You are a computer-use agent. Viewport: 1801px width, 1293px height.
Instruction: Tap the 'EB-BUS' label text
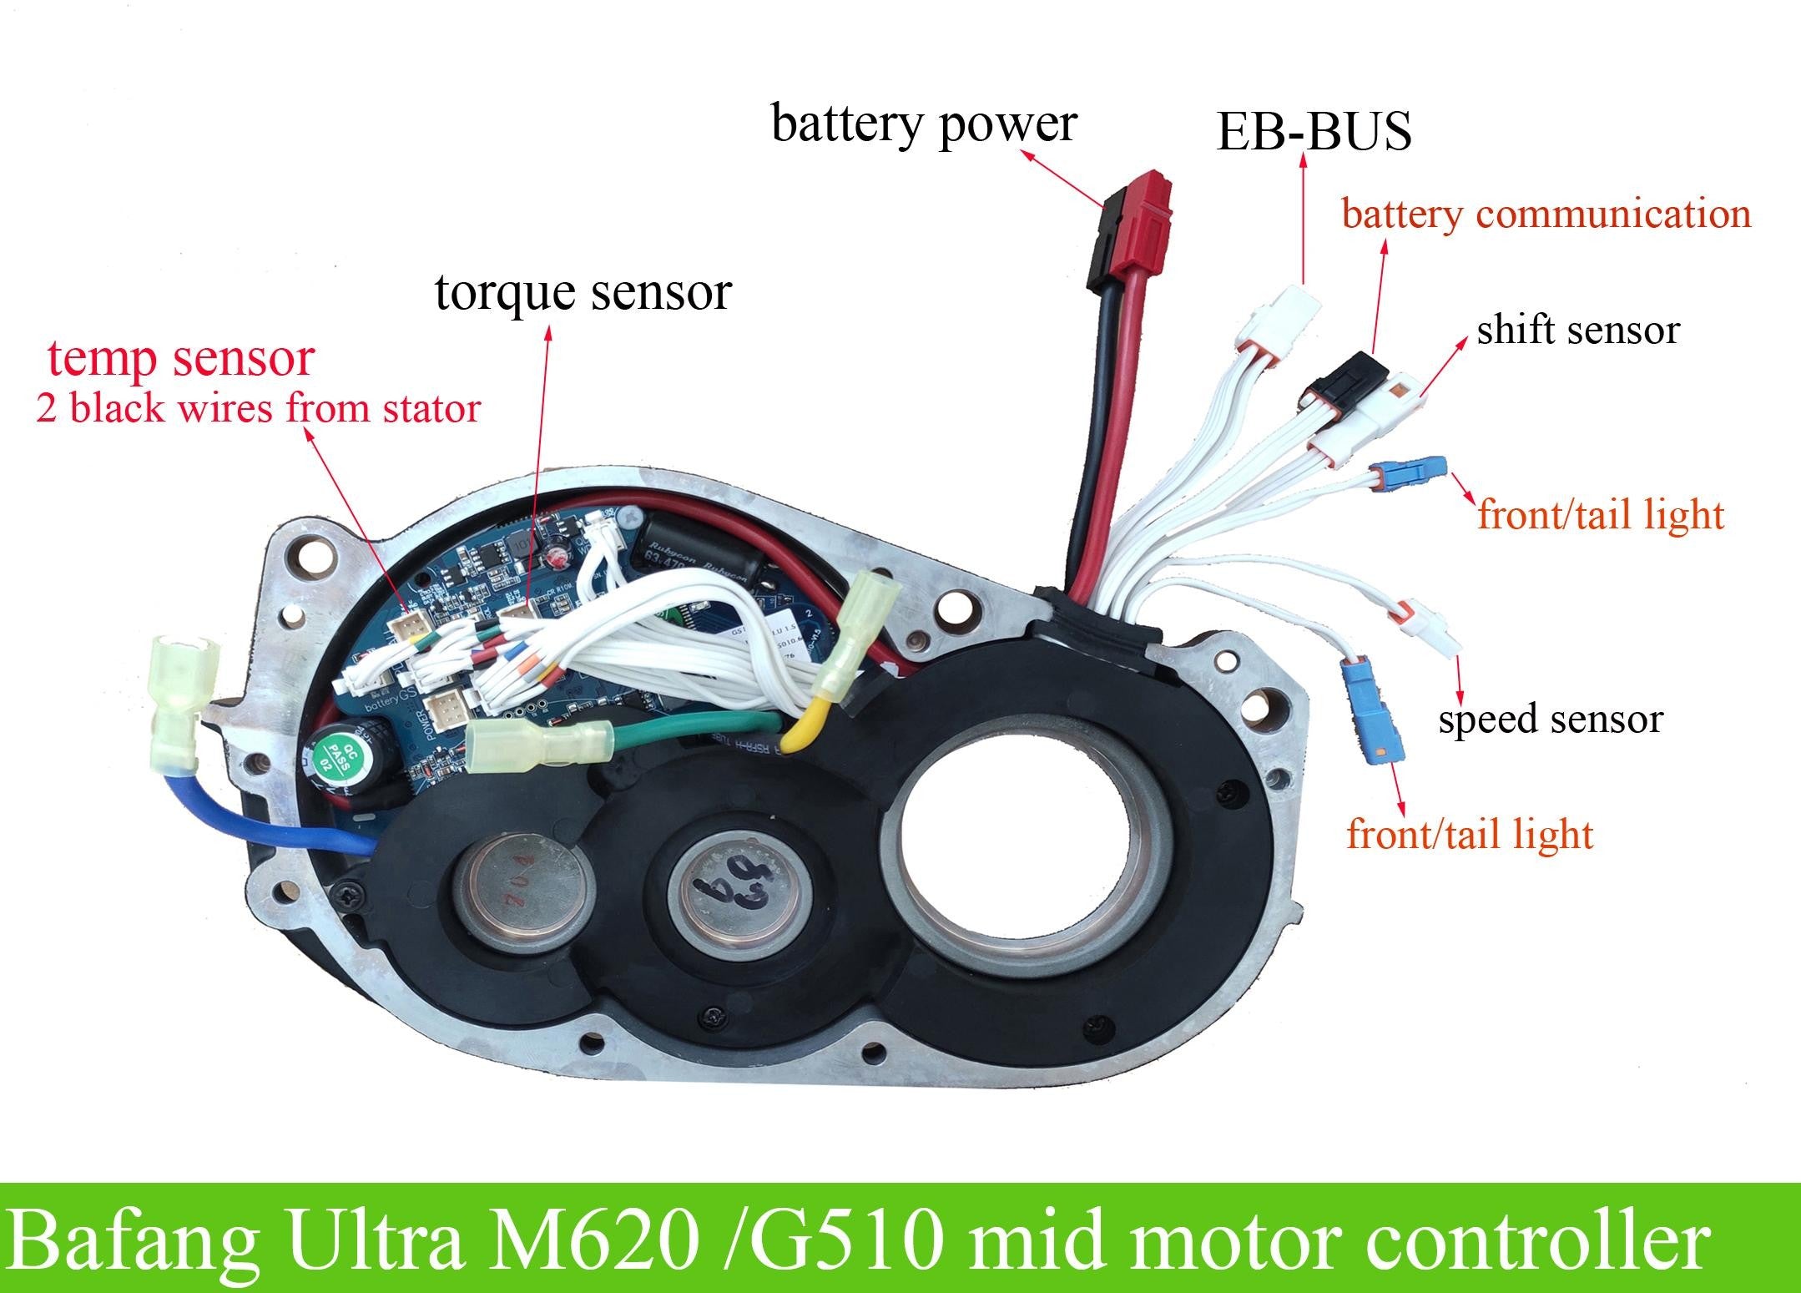tap(1314, 132)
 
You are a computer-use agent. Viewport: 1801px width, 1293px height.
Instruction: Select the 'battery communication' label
tap(1546, 215)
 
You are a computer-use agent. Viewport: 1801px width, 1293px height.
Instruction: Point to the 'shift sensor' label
tap(1577, 331)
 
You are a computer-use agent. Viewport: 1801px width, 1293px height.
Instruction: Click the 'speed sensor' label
tap(1550, 720)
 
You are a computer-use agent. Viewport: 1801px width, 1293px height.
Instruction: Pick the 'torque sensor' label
tap(583, 292)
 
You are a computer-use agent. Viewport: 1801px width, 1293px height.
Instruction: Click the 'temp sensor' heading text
tap(180, 358)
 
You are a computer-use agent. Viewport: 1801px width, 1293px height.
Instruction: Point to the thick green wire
tap(693, 735)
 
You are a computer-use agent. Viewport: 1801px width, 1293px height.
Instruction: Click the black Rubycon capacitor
tap(694, 555)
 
